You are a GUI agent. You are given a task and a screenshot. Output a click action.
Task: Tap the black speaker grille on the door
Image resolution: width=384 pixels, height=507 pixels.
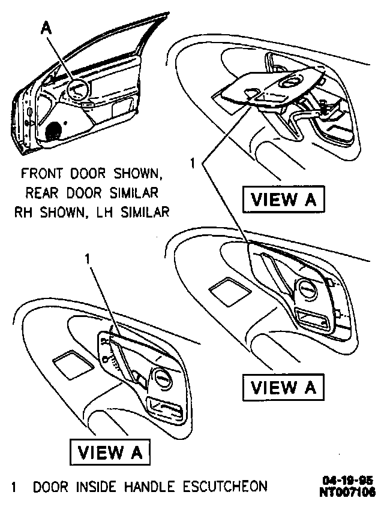[54, 130]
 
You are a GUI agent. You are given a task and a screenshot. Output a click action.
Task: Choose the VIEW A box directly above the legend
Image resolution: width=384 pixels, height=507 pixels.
[110, 452]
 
